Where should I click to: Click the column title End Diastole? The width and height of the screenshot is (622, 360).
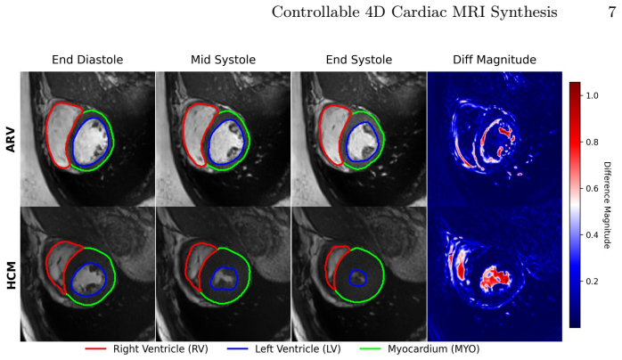click(x=87, y=60)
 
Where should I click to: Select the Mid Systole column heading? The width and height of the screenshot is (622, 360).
click(x=223, y=60)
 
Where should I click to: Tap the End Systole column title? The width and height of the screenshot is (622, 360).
click(x=359, y=60)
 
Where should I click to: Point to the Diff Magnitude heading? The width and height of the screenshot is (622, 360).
click(x=495, y=60)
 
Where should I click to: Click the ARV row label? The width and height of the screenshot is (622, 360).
click(x=11, y=140)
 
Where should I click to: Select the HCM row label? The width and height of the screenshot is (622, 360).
click(x=11, y=275)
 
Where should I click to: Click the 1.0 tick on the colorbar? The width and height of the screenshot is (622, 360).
click(x=592, y=95)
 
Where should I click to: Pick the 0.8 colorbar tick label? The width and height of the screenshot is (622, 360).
click(x=592, y=142)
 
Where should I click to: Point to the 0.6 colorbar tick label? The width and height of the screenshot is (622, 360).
click(x=592, y=188)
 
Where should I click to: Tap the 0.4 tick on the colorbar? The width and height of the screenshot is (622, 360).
click(x=592, y=234)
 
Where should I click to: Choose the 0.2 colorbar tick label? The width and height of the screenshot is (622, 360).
click(x=592, y=281)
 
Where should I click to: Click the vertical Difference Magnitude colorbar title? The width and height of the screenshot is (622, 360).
click(x=607, y=205)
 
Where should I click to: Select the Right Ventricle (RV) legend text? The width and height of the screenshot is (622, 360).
click(x=160, y=349)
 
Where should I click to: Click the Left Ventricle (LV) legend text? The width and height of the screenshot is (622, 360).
click(x=298, y=349)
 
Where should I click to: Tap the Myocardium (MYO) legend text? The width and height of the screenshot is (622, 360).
click(x=434, y=349)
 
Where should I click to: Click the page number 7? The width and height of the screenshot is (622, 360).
click(x=611, y=12)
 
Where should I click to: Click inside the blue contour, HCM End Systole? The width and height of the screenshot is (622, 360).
click(x=357, y=278)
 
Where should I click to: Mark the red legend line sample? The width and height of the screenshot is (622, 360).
click(x=95, y=349)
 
